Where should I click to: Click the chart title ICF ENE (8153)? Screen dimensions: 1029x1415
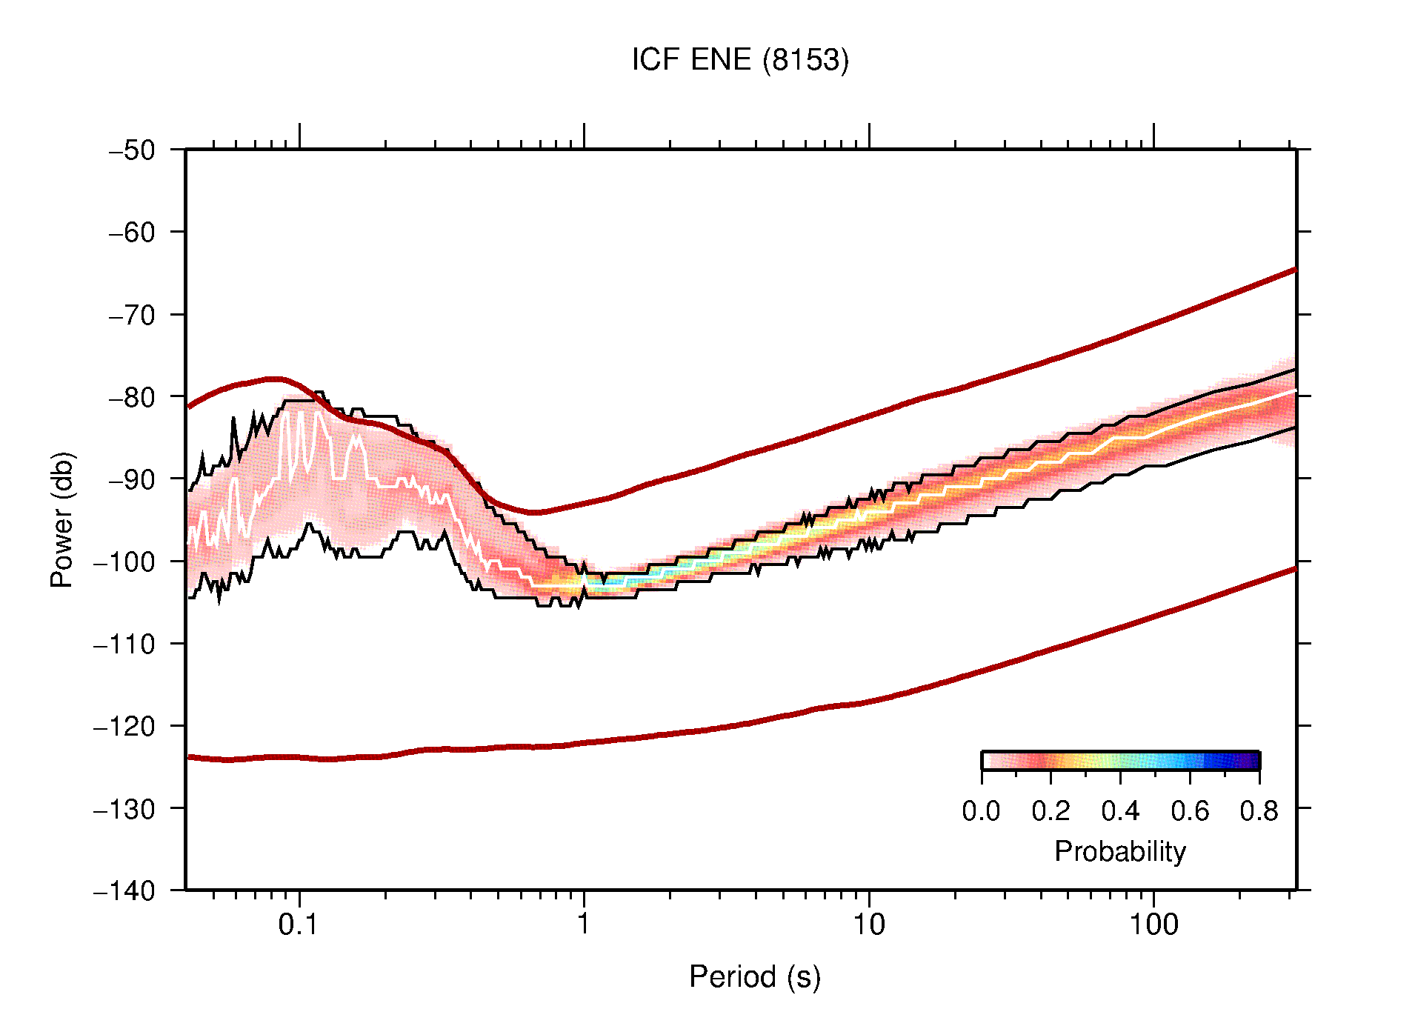coord(739,60)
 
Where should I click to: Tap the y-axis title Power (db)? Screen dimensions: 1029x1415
coord(62,519)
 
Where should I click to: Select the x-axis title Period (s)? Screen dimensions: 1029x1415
coord(754,976)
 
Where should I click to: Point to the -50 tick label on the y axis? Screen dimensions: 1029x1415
coord(132,150)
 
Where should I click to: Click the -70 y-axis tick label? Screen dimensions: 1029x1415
coord(132,315)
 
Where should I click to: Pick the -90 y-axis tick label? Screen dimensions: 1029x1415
coord(132,479)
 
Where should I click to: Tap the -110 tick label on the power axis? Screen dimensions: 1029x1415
coord(124,644)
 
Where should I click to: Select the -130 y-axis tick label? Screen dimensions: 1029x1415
coord(124,808)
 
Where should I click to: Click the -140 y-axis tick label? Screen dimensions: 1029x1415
coord(124,890)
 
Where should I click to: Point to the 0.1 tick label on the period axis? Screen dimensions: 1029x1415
coord(299,925)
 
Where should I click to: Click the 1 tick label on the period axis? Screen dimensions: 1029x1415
coord(584,925)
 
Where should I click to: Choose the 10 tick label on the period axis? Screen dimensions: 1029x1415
coord(868,925)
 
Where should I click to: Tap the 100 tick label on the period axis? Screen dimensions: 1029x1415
coord(1153,925)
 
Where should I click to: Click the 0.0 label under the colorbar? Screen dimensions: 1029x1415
coord(981,812)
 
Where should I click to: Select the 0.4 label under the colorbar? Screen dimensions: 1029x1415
coord(1120,812)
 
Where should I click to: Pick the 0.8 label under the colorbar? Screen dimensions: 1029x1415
coord(1259,812)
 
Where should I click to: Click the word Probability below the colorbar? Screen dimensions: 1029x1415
coord(1119,851)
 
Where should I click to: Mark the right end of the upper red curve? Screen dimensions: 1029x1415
coord(1294,270)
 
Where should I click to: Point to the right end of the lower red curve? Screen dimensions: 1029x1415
coord(1294,569)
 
